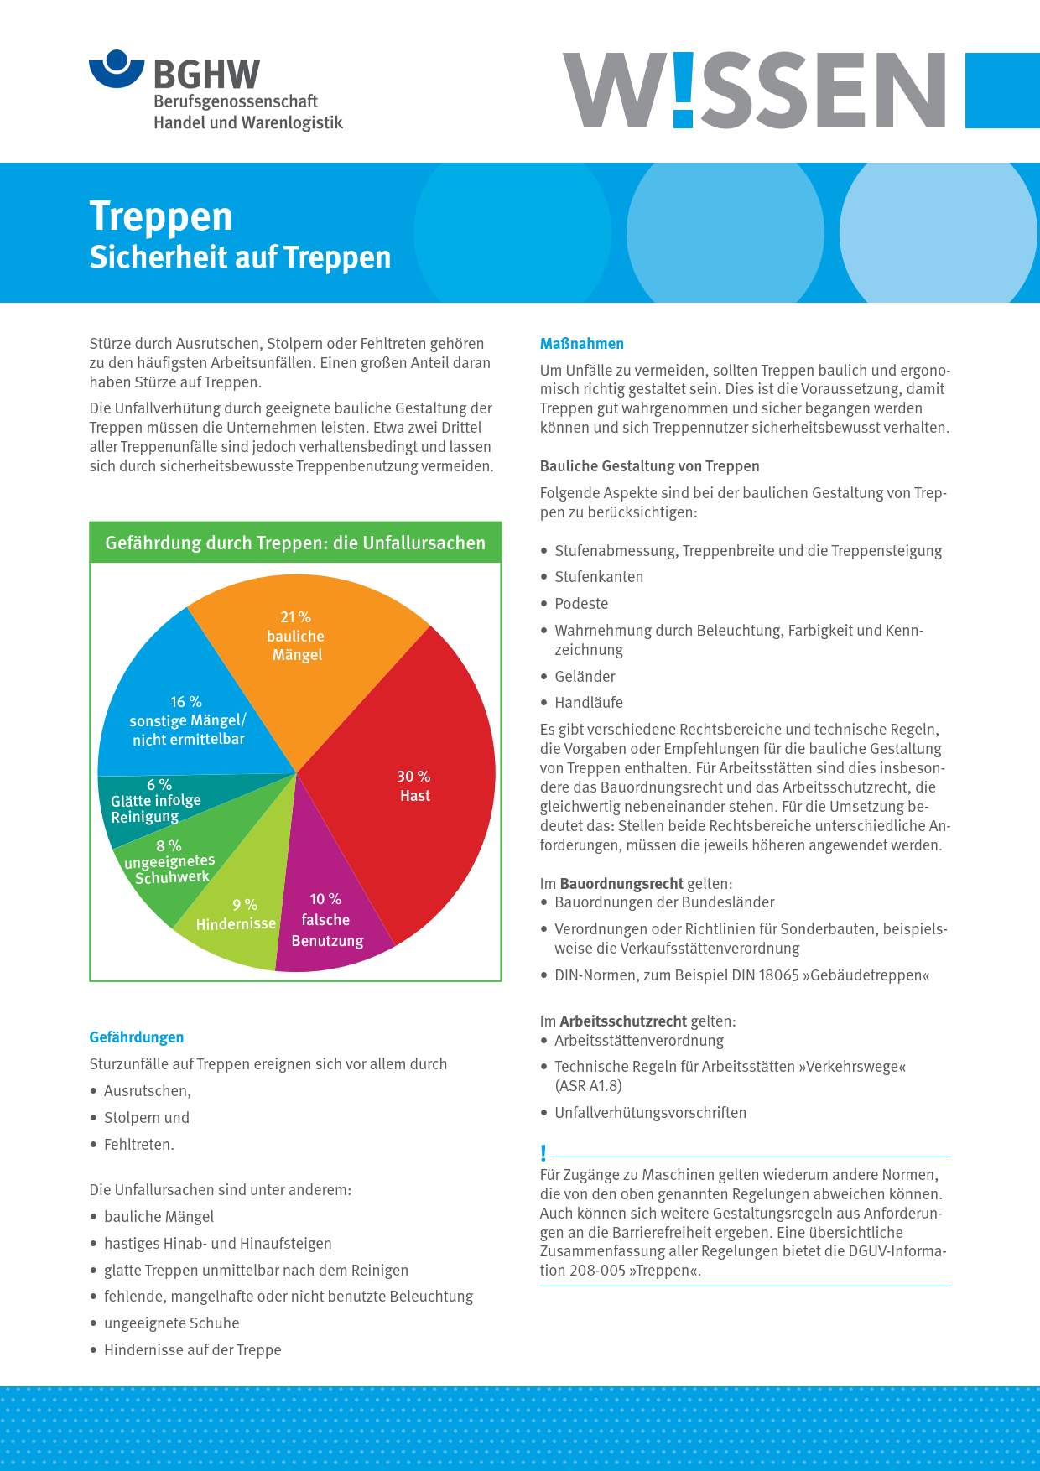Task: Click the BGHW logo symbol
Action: coord(117,69)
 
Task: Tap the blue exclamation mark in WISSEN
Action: coord(684,91)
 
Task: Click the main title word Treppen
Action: coord(161,216)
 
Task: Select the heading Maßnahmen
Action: coord(582,344)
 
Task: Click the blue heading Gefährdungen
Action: coord(137,1037)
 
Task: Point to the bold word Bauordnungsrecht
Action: coord(621,884)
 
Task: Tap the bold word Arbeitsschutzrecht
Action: coord(623,1021)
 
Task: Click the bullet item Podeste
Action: coord(581,604)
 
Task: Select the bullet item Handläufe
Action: coord(589,703)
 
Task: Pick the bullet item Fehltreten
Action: coord(138,1145)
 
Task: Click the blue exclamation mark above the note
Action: coord(543,1153)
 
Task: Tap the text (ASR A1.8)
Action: coord(588,1086)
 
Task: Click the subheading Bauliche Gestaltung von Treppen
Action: coord(650,466)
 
